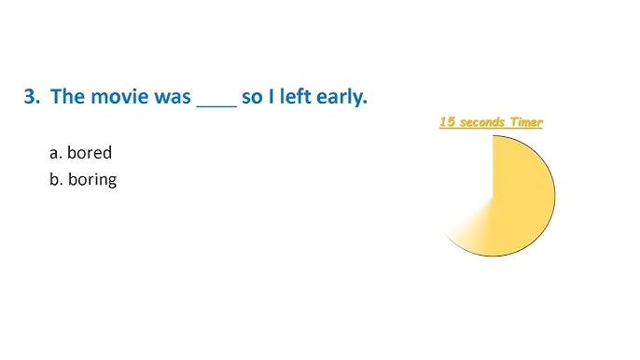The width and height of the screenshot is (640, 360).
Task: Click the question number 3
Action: [29, 96]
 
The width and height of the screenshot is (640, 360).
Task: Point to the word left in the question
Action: [293, 96]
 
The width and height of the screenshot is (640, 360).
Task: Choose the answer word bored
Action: [90, 152]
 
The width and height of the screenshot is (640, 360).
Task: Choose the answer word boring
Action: [92, 179]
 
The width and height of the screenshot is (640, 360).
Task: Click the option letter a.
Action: [53, 153]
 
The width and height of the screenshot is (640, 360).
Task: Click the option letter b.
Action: [54, 179]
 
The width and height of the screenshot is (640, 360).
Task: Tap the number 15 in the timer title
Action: [448, 122]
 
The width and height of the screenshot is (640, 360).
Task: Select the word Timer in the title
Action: [527, 122]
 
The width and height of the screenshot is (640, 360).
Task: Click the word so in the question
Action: [252, 97]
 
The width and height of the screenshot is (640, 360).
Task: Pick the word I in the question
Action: [271, 96]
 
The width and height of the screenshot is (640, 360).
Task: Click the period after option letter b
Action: [61, 184]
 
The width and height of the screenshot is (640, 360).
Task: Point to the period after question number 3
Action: [38, 102]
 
